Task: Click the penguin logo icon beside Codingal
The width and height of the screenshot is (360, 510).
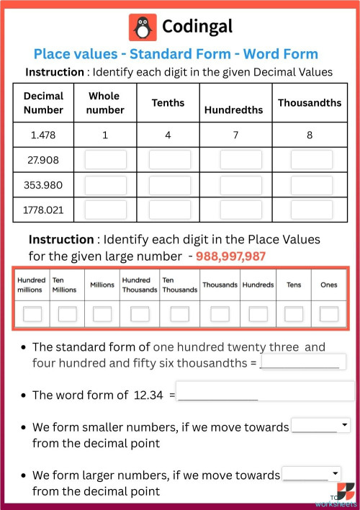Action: pyautogui.click(x=143, y=27)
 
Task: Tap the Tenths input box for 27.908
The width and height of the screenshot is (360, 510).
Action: pyautogui.click(x=170, y=160)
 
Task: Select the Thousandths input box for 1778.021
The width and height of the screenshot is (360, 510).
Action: pyautogui.click(x=312, y=210)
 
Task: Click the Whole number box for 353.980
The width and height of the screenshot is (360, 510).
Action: pyautogui.click(x=105, y=185)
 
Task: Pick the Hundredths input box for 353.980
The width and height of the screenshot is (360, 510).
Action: pyautogui.click(x=240, y=185)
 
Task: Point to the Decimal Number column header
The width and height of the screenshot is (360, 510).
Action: pyautogui.click(x=43, y=102)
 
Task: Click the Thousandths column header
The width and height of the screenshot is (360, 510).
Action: pyautogui.click(x=310, y=103)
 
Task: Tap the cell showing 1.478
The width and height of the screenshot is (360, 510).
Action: pyautogui.click(x=43, y=135)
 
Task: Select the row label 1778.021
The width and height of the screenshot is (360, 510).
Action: pyautogui.click(x=43, y=210)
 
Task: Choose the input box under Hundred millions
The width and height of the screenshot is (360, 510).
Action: pyautogui.click(x=32, y=314)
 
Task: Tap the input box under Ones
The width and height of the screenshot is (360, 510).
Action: pyautogui.click(x=329, y=314)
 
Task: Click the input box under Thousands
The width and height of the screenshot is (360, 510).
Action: pyautogui.click(x=220, y=314)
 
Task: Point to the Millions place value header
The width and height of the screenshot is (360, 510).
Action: pyautogui.click(x=102, y=285)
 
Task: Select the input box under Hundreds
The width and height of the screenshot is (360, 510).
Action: pyautogui.click(x=258, y=314)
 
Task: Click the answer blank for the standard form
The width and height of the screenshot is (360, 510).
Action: pyautogui.click(x=302, y=362)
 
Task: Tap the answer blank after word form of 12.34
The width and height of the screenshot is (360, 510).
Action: pyautogui.click(x=265, y=392)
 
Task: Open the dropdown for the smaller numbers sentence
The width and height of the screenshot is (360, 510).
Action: pyautogui.click(x=320, y=426)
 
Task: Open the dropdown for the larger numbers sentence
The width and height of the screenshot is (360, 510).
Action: pyautogui.click(x=310, y=474)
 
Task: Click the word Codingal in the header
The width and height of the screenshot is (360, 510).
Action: pyautogui.click(x=197, y=27)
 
